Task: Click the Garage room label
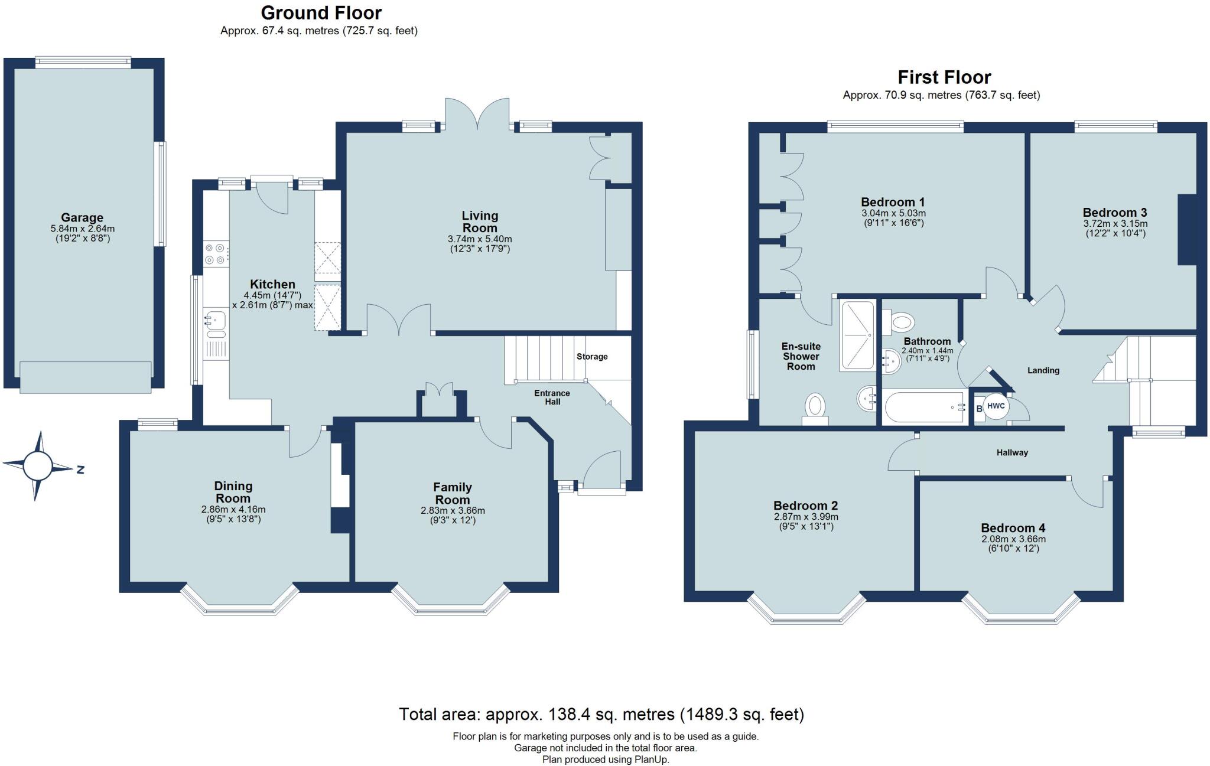coord(82,217)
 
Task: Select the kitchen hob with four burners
coord(215,254)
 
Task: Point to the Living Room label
coord(480,222)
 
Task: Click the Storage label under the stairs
coord(592,357)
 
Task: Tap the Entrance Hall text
coord(552,397)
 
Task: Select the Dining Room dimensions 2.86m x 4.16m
coord(233,509)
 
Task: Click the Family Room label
coord(453,493)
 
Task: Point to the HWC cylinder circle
coord(996,406)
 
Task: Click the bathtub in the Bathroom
coord(925,407)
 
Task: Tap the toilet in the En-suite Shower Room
coord(815,408)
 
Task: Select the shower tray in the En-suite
coord(857,335)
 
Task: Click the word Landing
coord(1043,371)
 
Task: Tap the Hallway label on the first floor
coord(1012,453)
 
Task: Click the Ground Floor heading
coord(321,12)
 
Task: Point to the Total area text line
coord(601,715)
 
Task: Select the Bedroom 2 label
coord(805,506)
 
